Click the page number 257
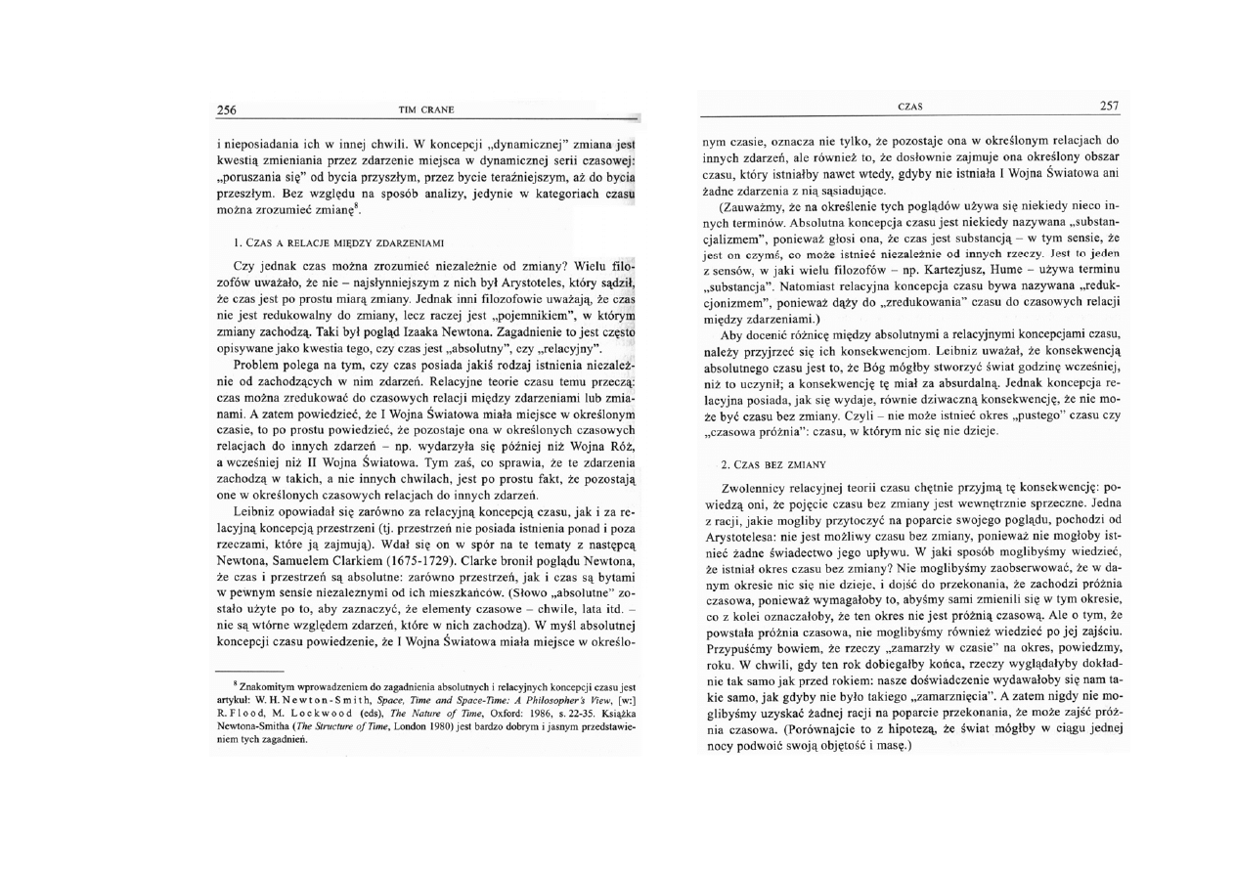click(1109, 106)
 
